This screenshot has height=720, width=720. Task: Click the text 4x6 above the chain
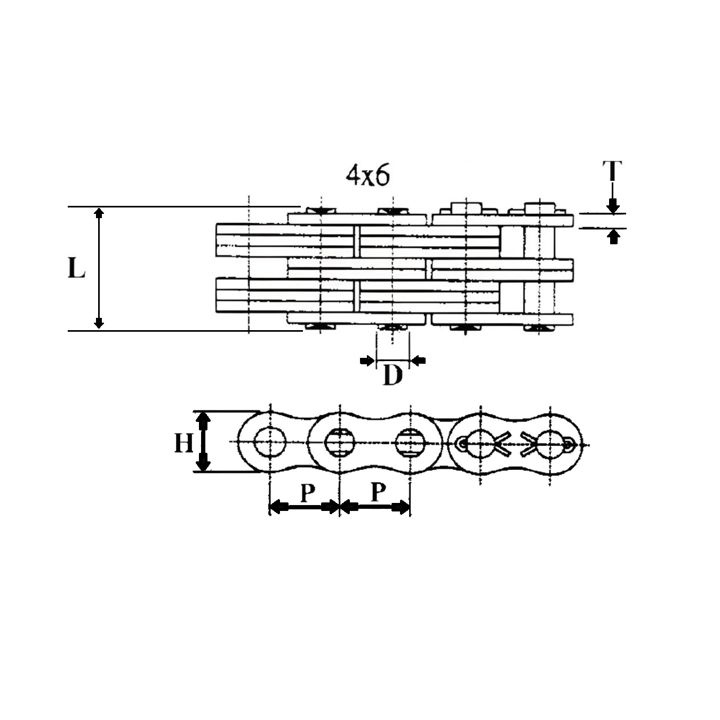click(368, 175)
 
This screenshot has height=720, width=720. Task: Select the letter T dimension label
click(612, 171)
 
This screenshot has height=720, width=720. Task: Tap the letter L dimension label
click(77, 268)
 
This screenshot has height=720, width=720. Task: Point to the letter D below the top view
click(393, 377)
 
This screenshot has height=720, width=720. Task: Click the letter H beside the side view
click(184, 443)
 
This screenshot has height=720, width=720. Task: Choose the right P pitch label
click(378, 492)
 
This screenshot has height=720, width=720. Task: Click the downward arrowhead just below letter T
click(613, 206)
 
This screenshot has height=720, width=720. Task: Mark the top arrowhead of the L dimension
click(99, 213)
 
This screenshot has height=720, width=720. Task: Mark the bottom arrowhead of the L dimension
click(99, 323)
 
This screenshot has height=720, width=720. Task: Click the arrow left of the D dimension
click(367, 361)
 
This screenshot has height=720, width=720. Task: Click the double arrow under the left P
click(305, 507)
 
